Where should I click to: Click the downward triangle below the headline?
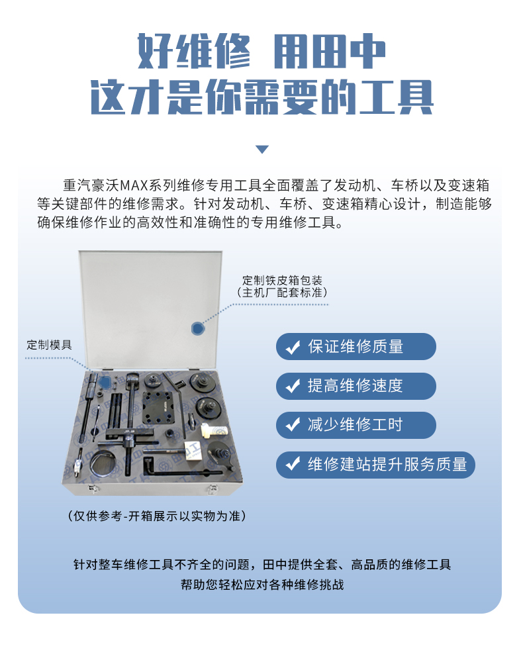coord(262,150)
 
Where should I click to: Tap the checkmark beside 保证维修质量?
coord(293,347)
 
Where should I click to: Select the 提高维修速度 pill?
coord(356,386)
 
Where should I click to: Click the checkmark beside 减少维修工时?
coord(293,425)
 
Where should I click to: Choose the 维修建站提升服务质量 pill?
coord(376,465)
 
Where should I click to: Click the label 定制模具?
coord(50,345)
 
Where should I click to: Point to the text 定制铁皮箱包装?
coord(283,280)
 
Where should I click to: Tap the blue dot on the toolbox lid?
coord(197,328)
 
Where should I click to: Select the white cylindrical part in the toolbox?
coord(214,430)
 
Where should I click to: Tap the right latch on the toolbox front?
coord(213,489)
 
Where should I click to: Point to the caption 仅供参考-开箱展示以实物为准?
coord(156,516)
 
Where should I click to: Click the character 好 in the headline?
coord(155,51)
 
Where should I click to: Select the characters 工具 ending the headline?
coord(397,97)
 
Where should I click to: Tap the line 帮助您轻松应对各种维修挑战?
coord(262,584)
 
